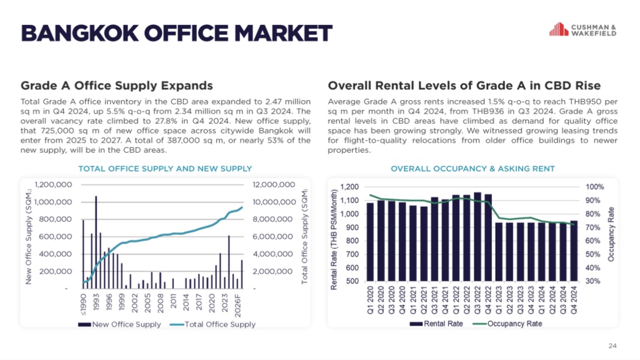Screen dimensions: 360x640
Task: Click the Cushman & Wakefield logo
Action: pos(583,30)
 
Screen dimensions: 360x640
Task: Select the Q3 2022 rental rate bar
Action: pos(477,237)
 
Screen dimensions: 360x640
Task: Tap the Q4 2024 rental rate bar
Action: pos(574,251)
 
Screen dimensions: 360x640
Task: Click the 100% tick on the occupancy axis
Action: pos(595,187)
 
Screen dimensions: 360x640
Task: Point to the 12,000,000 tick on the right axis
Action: pos(274,185)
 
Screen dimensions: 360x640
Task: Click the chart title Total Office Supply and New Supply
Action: pos(165,169)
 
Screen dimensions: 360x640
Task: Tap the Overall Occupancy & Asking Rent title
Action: pos(472,169)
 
